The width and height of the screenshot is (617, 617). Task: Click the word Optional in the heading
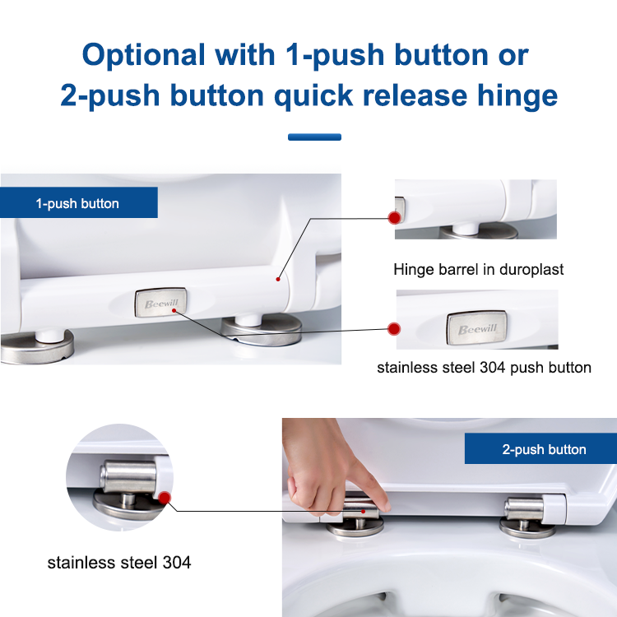pos(144,55)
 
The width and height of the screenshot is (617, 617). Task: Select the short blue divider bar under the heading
pos(314,137)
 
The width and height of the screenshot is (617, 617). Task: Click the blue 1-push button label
pos(79,202)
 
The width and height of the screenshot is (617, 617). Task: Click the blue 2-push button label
pos(540,448)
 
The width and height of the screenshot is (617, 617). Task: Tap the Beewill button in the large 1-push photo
pos(161,302)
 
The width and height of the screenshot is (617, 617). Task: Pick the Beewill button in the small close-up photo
pos(476,328)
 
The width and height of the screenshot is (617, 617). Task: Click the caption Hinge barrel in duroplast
pos(479,270)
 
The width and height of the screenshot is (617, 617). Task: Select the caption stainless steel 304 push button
pos(484,368)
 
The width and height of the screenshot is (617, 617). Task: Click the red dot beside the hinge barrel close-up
pos(394,218)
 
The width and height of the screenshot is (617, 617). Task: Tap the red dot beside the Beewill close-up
pos(394,329)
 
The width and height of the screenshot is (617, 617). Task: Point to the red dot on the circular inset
pos(165,498)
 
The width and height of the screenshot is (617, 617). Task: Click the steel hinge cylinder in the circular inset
pos(128,477)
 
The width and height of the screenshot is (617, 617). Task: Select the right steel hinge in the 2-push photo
pos(524,508)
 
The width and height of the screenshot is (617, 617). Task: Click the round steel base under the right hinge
pos(527,529)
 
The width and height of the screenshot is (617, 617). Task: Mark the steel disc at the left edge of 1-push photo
pos(37,347)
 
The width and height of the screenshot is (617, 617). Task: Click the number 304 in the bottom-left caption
pos(177,563)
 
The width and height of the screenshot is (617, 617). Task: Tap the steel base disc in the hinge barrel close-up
pos(479,232)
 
